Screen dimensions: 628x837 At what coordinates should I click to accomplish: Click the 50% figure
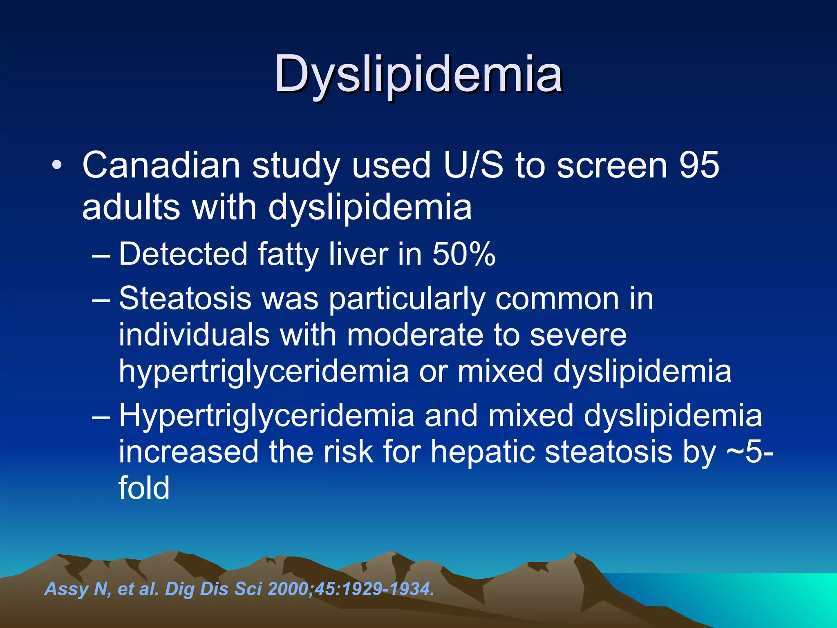tap(464, 254)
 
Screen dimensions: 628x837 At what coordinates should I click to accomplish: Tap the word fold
tap(144, 487)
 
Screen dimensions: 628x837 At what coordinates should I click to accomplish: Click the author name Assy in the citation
tap(66, 589)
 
